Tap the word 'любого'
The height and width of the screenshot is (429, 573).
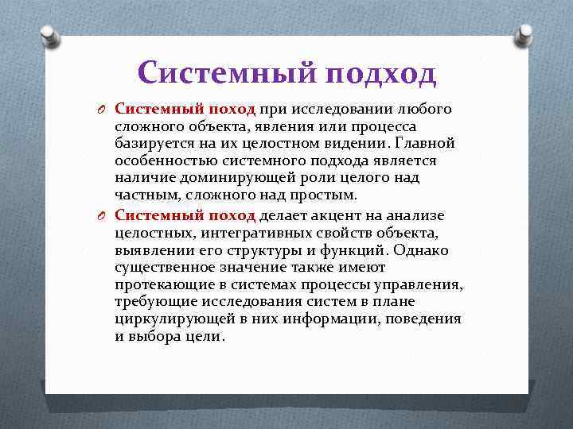[x=423, y=109]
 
